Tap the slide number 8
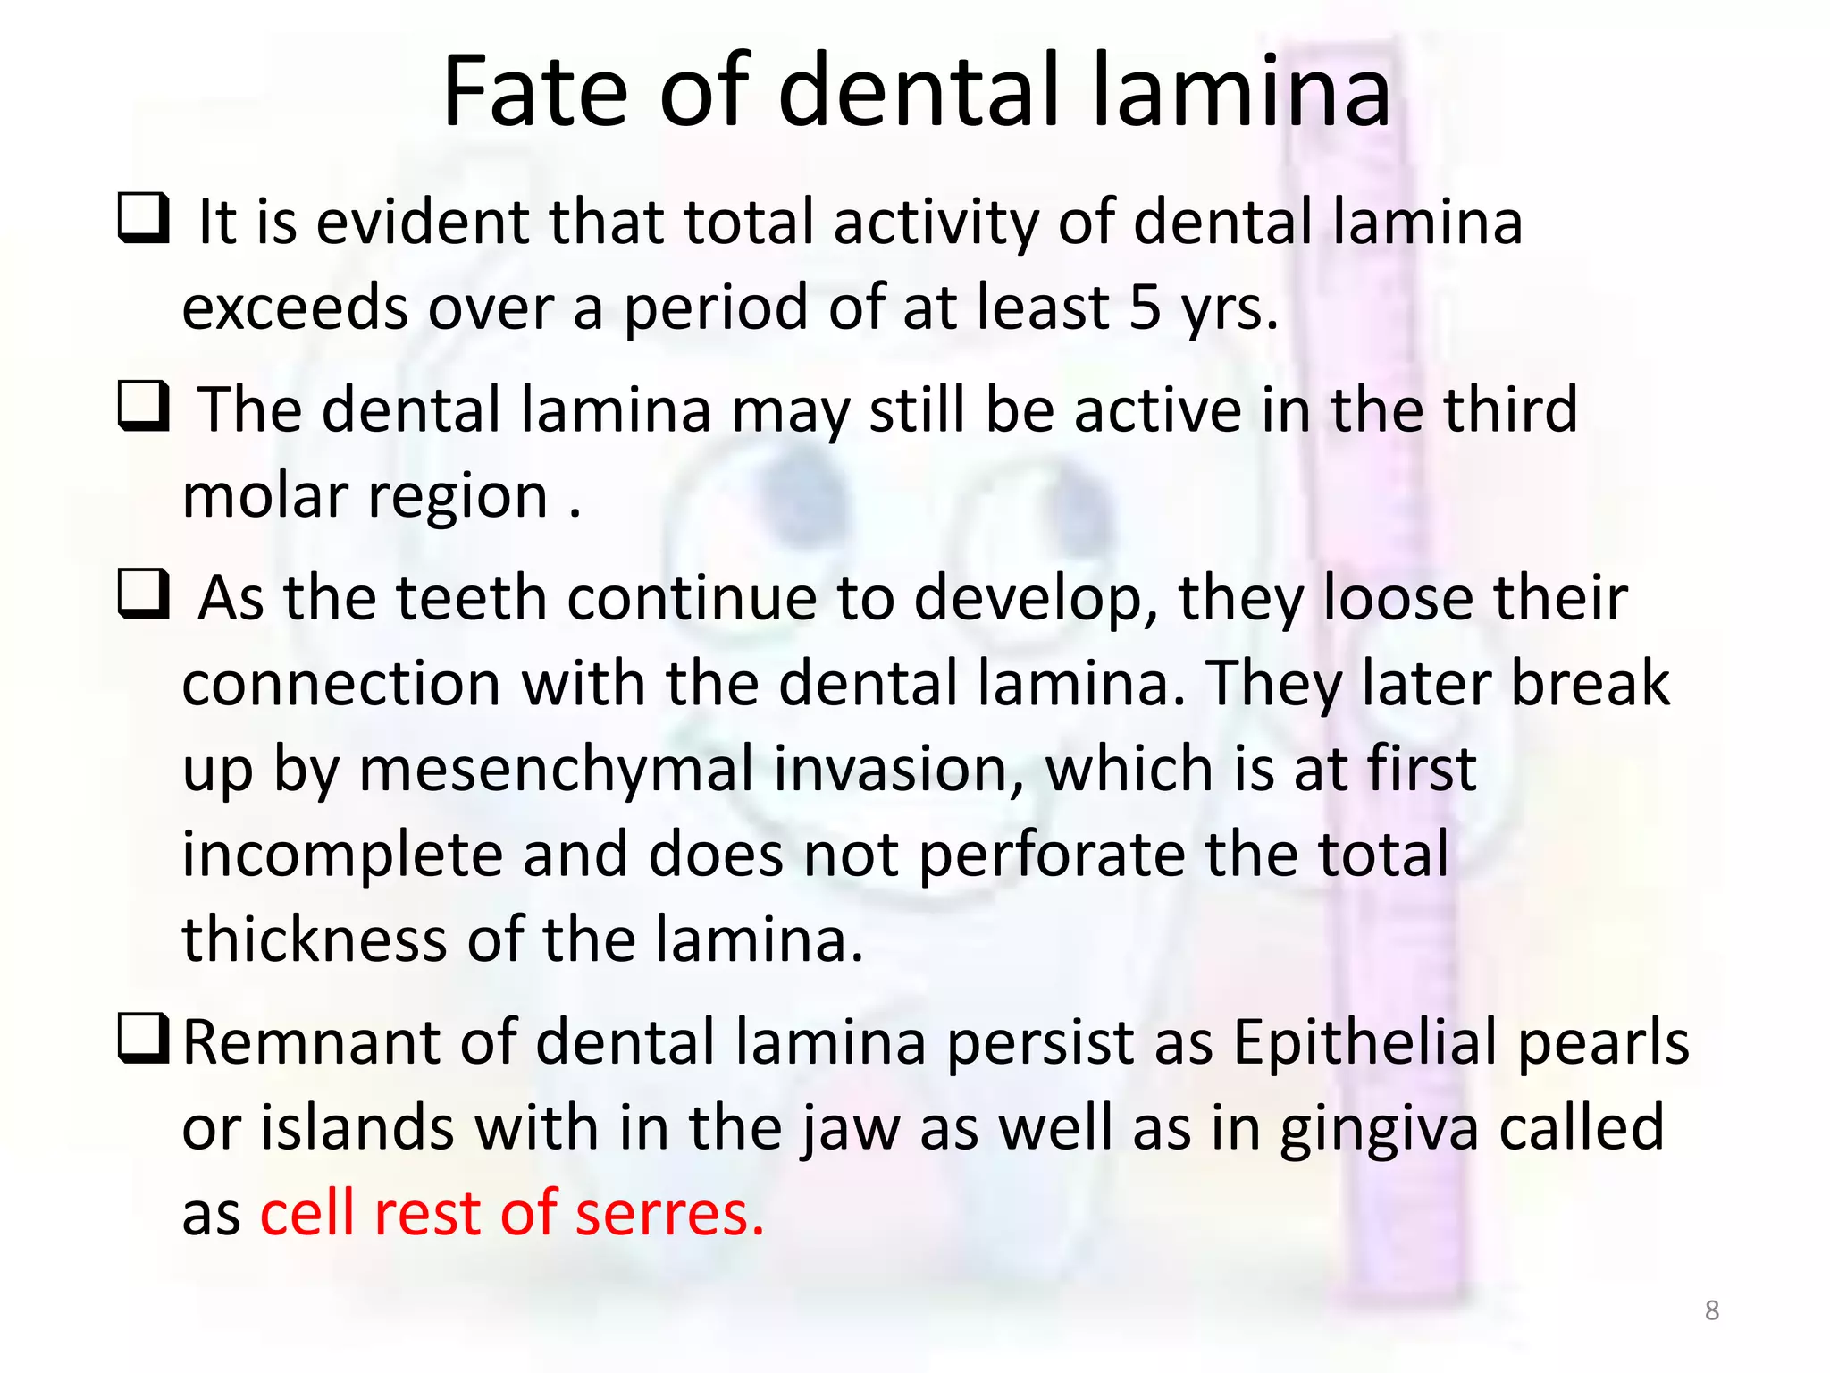1711,1310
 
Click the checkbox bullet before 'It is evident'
144,218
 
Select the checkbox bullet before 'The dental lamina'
144,406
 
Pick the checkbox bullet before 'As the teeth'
144,594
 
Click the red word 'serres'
669,1213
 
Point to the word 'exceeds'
294,307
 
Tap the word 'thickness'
314,939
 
